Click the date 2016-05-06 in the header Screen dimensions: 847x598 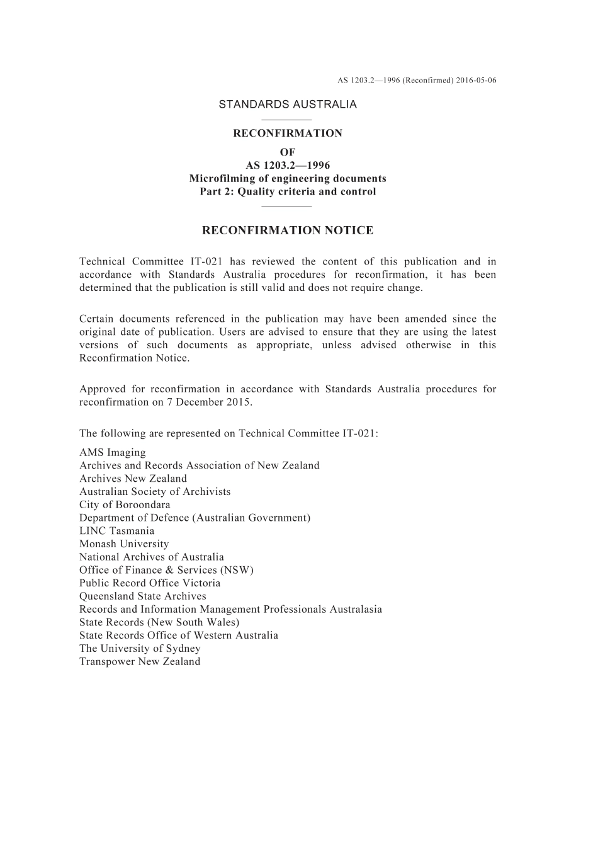point(477,81)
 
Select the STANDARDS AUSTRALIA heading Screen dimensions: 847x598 point(288,105)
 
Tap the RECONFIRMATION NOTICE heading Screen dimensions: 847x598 point(288,230)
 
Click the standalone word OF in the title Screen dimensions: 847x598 point(288,152)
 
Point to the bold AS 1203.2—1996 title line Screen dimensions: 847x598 point(288,166)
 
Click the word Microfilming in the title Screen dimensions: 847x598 point(218,179)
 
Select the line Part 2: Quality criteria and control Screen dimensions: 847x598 point(288,192)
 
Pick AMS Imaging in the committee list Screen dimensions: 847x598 point(112,453)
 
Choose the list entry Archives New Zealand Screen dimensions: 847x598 point(133,479)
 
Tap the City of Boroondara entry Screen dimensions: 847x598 point(125,505)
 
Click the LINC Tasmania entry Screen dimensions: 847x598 point(116,531)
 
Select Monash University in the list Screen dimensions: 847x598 point(124,544)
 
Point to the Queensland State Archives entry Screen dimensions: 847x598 point(143,596)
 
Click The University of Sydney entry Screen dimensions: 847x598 point(140,649)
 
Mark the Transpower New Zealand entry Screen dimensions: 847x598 point(140,662)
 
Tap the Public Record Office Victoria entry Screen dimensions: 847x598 point(150,583)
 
